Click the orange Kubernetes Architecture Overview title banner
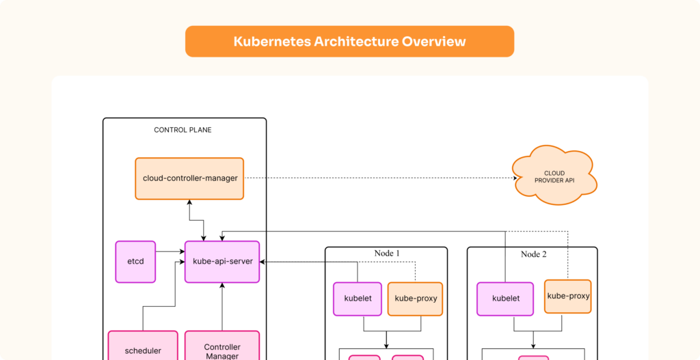click(349, 42)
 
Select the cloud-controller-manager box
click(189, 178)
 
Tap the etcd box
click(135, 261)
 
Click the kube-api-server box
click(222, 262)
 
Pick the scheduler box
click(143, 348)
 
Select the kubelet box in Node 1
click(357, 299)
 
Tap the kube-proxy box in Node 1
click(415, 299)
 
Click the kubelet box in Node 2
click(505, 299)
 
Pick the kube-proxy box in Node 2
click(567, 296)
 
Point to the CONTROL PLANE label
click(183, 130)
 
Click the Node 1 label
click(387, 253)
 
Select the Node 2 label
click(533, 254)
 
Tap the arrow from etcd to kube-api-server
click(170, 253)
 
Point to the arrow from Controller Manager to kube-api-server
click(222, 307)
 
